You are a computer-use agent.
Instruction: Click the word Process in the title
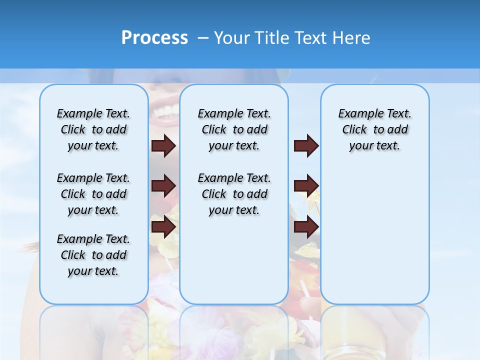point(154,38)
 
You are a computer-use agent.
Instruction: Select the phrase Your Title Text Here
point(292,38)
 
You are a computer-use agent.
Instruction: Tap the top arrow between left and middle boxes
point(163,145)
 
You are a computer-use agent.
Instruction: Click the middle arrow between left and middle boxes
point(163,186)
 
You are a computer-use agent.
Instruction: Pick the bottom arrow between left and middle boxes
point(163,226)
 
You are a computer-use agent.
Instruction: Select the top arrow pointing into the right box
point(306,145)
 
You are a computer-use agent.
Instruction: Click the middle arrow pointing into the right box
point(306,186)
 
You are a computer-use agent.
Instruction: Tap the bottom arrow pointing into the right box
point(306,226)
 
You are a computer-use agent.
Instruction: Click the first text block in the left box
point(93,129)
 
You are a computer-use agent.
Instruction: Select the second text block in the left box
point(93,194)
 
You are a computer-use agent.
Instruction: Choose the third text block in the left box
point(93,255)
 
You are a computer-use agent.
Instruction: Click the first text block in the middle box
point(234,129)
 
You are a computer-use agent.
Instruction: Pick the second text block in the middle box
point(234,194)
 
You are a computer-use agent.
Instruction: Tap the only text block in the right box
point(374,129)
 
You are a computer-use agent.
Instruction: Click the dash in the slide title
point(203,38)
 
